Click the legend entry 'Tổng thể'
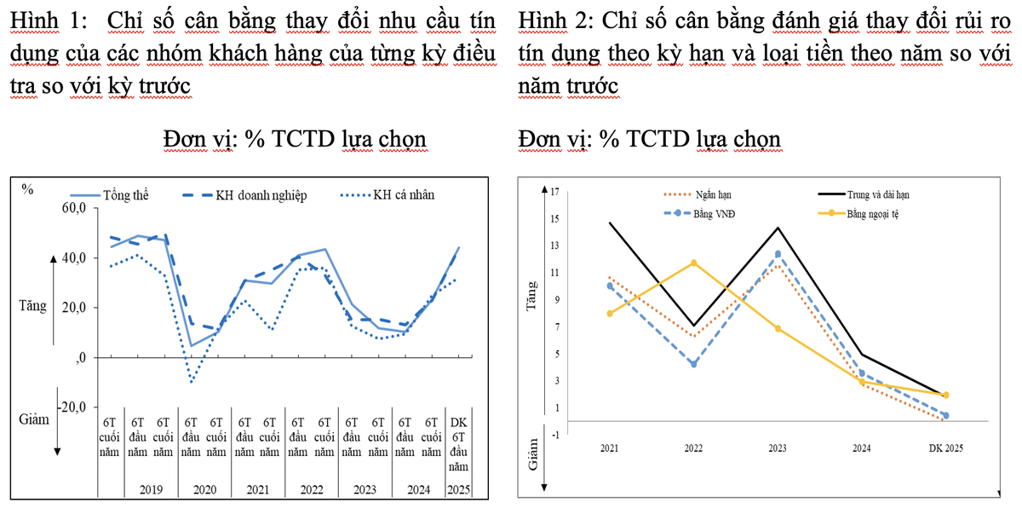124,194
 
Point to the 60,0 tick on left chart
74,209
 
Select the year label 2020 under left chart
204,489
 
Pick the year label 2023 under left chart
365,489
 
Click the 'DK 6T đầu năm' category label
458,444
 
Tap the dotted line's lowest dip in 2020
191,382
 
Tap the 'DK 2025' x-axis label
944,448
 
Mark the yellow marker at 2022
694,263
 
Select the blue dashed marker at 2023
778,254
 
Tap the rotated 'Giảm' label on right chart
534,453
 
